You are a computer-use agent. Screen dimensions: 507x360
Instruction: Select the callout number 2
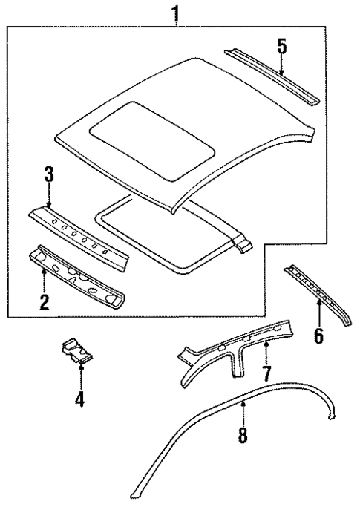tap(44, 301)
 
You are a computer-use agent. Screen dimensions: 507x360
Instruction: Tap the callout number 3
tap(48, 177)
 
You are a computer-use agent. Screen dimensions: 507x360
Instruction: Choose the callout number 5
tap(281, 46)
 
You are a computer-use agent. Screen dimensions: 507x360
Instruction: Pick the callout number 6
tap(318, 336)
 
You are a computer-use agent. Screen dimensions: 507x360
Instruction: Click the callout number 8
tap(243, 434)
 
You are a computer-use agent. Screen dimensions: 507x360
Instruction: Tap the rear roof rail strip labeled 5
tap(271, 74)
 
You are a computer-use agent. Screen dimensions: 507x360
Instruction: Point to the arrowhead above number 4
tap(79, 367)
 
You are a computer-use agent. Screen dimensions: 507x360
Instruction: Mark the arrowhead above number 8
tap(243, 405)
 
